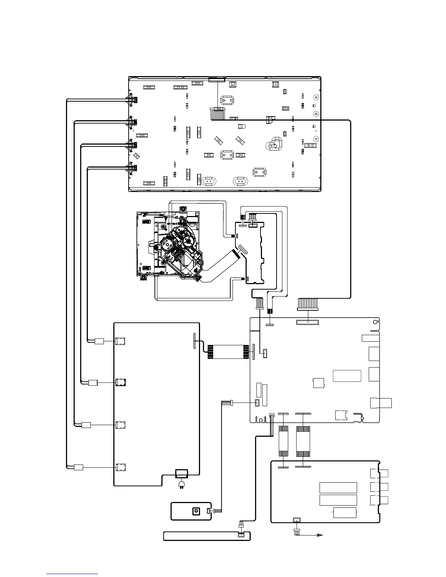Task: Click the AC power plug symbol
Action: point(181,484)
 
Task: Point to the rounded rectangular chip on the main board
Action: point(347,376)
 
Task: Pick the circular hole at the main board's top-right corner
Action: point(375,322)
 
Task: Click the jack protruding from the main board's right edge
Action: point(381,403)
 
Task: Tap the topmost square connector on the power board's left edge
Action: point(120,341)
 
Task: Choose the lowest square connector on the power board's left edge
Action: point(120,467)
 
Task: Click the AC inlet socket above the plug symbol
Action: point(181,474)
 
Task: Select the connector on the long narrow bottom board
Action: point(241,535)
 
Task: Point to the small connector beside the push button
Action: point(208,511)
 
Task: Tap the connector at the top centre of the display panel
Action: point(217,79)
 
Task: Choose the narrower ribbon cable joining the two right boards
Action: point(283,441)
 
